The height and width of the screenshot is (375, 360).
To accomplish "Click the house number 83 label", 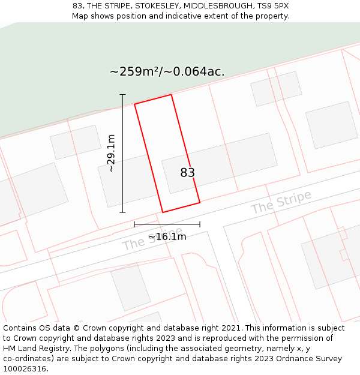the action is point(188,173).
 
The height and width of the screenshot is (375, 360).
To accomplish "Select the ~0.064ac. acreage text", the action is point(195,71).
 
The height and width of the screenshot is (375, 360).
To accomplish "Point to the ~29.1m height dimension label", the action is point(111,154).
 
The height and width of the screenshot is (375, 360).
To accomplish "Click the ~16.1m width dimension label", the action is point(167,236).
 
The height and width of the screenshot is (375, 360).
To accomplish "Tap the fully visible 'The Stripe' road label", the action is point(281,202).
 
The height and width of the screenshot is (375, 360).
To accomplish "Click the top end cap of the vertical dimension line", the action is point(122,95).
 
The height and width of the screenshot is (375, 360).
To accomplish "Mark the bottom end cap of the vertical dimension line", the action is point(122,212).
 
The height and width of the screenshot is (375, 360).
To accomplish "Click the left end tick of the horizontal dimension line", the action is point(134,224).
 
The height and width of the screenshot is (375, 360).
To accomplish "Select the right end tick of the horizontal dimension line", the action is point(200,224).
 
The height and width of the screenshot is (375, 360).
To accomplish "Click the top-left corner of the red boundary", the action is point(134,104).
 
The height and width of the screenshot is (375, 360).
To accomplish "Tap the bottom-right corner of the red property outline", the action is point(200,202).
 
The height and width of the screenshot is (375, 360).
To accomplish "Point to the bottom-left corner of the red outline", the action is point(163,212).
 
